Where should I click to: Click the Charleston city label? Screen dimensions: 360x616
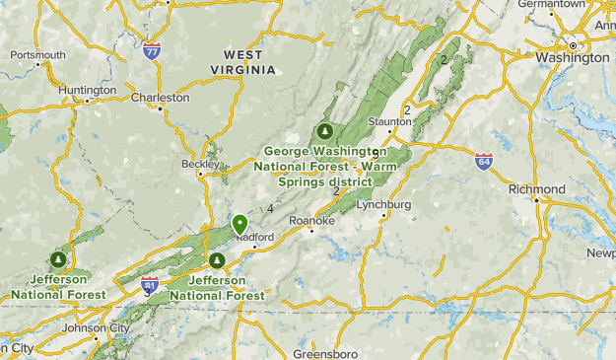click(x=160, y=98)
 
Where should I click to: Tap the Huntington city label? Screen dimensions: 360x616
click(x=87, y=90)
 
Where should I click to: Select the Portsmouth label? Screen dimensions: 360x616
click(x=37, y=54)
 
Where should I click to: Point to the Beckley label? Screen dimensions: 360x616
click(x=199, y=164)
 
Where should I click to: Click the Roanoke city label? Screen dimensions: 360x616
click(x=311, y=221)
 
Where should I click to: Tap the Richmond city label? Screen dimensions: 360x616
click(x=537, y=189)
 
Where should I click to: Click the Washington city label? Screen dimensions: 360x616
click(x=572, y=58)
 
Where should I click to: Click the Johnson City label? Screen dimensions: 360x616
click(x=96, y=327)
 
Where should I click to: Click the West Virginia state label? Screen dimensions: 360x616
click(x=242, y=62)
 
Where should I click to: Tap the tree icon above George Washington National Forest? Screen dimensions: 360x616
click(x=325, y=131)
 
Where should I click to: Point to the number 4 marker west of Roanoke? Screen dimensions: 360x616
click(x=269, y=209)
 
